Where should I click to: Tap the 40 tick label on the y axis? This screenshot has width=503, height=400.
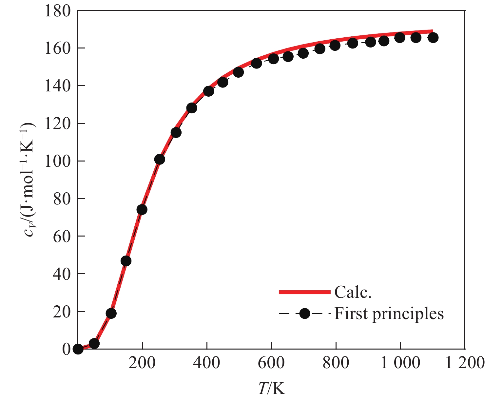(x=62, y=274)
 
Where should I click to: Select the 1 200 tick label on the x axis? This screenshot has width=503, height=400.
(x=465, y=363)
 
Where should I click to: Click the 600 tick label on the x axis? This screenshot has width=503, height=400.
(x=271, y=363)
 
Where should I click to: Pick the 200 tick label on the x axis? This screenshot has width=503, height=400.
(x=142, y=363)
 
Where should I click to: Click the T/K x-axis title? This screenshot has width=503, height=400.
(x=271, y=389)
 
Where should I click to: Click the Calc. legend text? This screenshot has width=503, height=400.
(x=353, y=293)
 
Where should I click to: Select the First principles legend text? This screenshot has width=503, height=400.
(x=389, y=314)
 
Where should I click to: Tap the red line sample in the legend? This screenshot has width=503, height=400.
(x=304, y=292)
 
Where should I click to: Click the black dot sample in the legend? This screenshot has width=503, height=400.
(x=304, y=314)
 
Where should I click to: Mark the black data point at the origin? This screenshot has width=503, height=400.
(x=78, y=349)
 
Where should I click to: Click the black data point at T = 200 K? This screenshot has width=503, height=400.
(x=142, y=210)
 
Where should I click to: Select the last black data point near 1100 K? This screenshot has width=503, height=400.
(x=433, y=38)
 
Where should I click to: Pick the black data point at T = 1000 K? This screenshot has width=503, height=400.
(x=400, y=38)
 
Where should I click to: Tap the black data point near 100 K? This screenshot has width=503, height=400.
(x=111, y=314)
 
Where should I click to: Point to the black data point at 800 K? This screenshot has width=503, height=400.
(x=335, y=46)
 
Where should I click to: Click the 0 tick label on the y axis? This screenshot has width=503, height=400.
(x=66, y=349)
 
